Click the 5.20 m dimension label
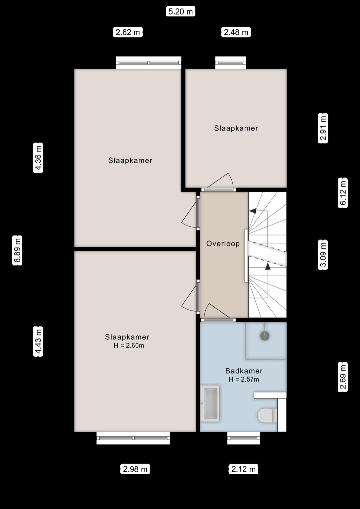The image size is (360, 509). coord(180,12)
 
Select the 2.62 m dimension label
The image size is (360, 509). coord(128,32)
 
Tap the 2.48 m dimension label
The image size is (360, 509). coord(236,32)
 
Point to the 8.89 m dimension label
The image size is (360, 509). coord(17,250)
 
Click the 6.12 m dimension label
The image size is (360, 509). coord(343,193)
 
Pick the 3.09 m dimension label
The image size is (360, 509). coord(323,255)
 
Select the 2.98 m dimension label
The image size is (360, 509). coord(135,469)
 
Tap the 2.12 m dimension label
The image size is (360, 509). coord(244,469)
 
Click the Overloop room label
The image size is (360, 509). coord(223,243)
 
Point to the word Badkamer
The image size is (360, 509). coord(244,371)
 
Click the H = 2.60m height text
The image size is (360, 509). coord(129,346)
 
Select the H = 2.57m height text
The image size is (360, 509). coord(244,379)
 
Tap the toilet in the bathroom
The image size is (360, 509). coord(267,415)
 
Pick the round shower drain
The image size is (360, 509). coord(265,336)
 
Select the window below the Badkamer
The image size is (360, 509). coord(243,438)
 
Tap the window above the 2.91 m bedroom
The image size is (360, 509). coord(230,63)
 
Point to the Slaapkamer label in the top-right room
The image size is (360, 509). coord(236,128)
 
